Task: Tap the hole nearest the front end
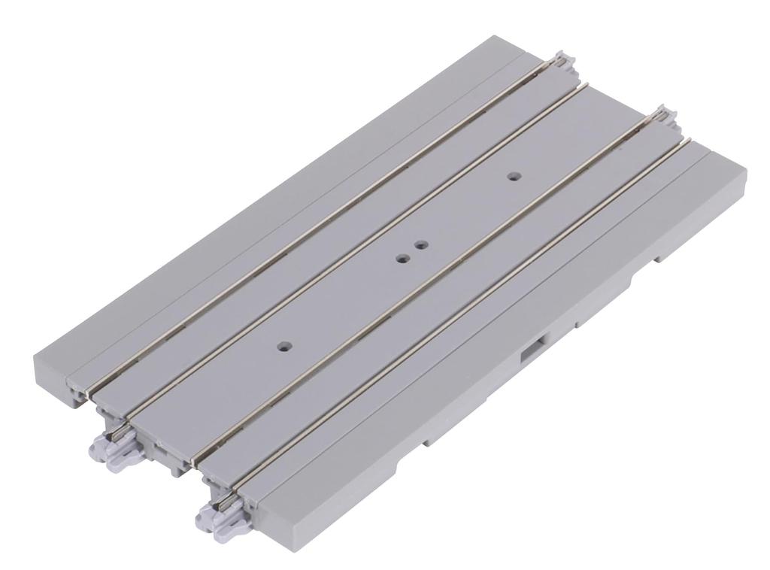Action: click(x=283, y=347)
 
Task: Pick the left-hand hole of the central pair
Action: click(x=402, y=259)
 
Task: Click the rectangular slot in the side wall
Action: click(x=535, y=347)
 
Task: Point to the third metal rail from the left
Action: click(x=421, y=286)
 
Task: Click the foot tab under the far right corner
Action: click(x=662, y=257)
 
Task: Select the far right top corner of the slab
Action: click(x=744, y=173)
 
